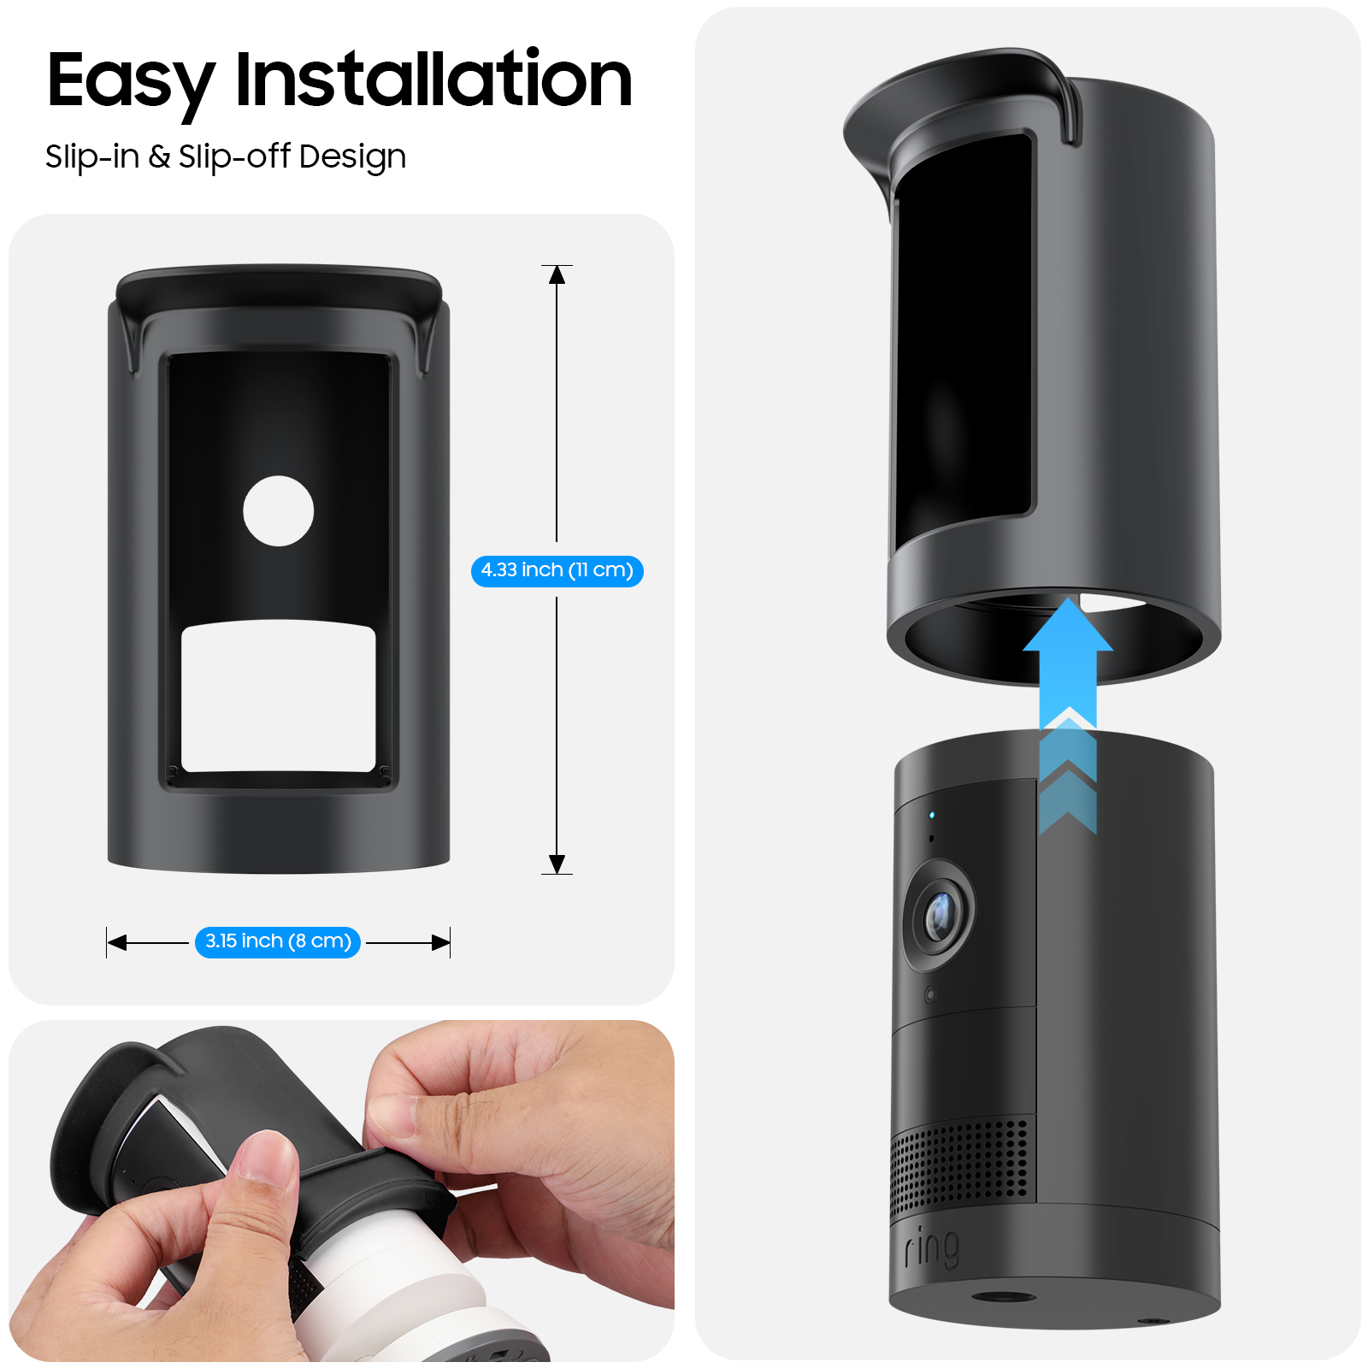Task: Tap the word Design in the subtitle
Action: (352, 158)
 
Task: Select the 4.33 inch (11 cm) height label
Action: (557, 570)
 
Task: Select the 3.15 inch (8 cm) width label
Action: (278, 941)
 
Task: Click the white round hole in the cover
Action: (278, 511)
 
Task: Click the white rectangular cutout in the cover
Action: (279, 697)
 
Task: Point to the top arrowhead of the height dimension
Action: (557, 274)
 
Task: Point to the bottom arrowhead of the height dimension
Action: (557, 864)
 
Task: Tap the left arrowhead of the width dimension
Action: (116, 942)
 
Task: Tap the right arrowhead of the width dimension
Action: (441, 942)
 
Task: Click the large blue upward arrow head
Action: (1068, 626)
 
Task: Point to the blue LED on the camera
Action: (932, 815)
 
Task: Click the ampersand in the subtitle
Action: (159, 156)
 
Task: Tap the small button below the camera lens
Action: (930, 994)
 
